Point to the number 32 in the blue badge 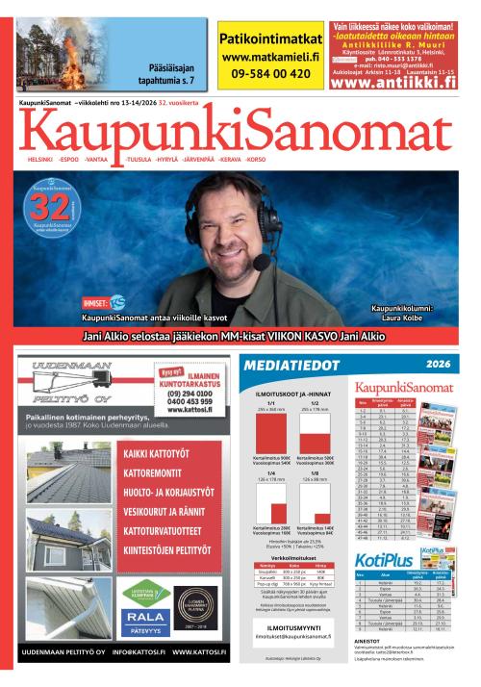coord(50,205)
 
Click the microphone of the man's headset coord(261,260)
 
